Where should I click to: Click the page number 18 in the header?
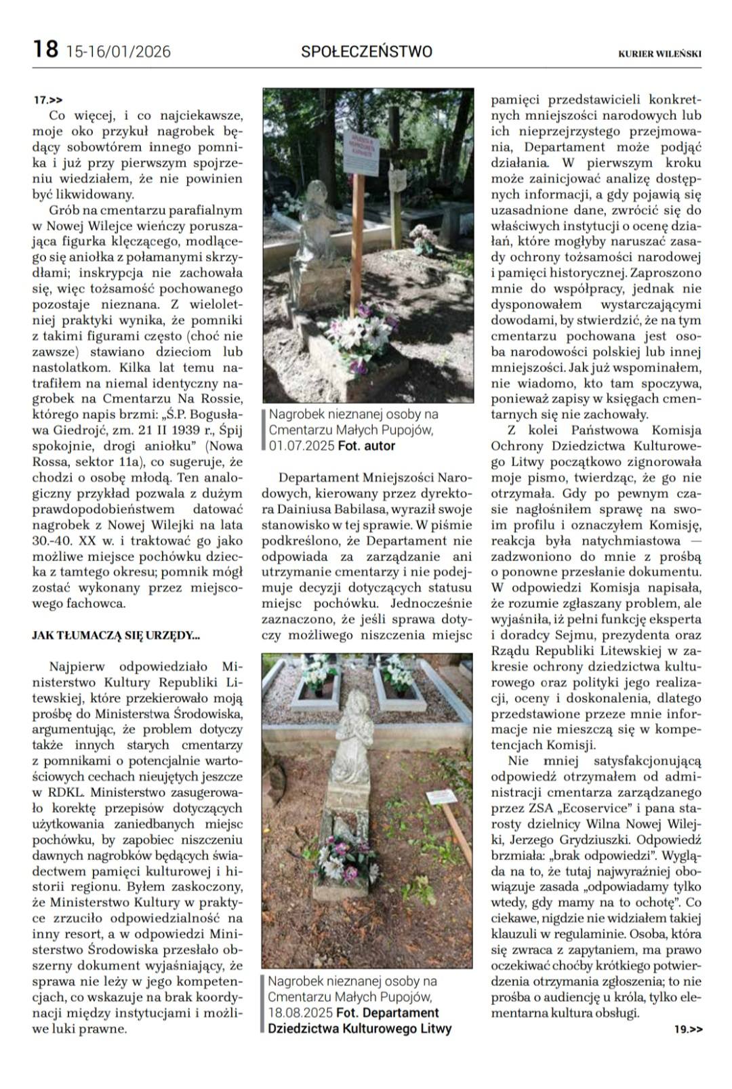tap(45, 49)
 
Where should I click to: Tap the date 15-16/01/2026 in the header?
tap(119, 52)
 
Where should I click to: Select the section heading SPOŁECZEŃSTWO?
tap(366, 52)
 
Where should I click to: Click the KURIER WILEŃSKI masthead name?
tap(659, 53)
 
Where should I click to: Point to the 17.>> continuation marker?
tap(48, 100)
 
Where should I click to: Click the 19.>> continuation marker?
tap(688, 1029)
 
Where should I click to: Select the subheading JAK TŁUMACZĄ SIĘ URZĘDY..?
tap(116, 635)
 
